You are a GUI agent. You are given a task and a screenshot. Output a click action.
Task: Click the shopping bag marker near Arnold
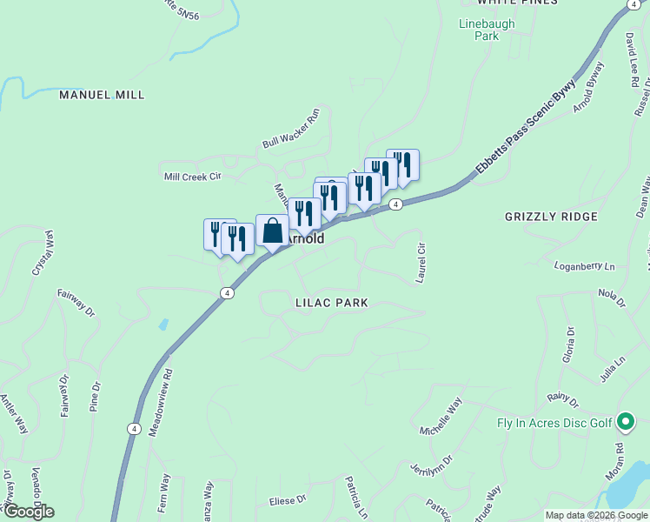272,231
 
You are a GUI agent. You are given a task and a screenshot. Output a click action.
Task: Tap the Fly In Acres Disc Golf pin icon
626,424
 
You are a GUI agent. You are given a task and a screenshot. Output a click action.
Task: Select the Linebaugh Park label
479,30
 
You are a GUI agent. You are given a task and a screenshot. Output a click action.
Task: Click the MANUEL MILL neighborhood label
102,94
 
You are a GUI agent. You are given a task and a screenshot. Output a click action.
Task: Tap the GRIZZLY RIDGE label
551,216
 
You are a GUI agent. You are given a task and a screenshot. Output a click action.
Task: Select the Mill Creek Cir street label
194,176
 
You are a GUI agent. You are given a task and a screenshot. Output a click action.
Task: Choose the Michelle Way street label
441,417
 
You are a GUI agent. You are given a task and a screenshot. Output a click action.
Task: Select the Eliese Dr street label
289,499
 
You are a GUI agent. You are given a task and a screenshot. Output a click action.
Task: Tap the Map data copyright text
596,515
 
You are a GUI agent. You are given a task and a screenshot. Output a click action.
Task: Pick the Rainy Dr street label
562,399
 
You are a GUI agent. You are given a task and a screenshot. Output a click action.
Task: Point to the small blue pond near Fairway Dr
163,325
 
